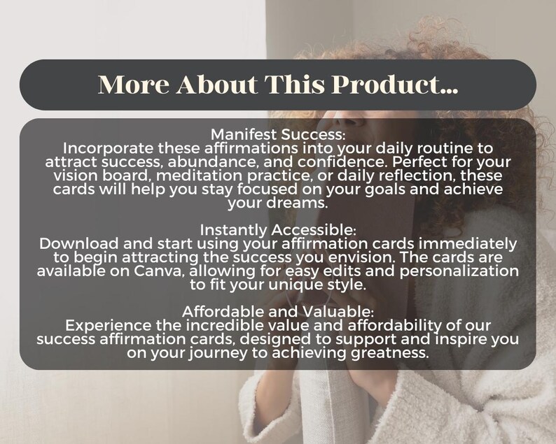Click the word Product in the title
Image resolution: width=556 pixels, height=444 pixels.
[394, 85]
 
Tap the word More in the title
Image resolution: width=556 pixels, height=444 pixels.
[134, 85]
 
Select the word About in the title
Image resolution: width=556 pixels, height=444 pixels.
[217, 85]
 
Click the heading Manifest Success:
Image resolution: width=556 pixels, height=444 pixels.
[278, 134]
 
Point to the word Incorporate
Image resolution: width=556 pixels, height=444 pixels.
[108, 149]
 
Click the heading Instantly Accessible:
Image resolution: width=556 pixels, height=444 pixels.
[278, 230]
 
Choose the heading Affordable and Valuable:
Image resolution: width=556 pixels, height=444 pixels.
[278, 312]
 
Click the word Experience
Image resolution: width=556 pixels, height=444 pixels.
[108, 326]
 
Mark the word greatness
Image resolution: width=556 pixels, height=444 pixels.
[390, 353]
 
